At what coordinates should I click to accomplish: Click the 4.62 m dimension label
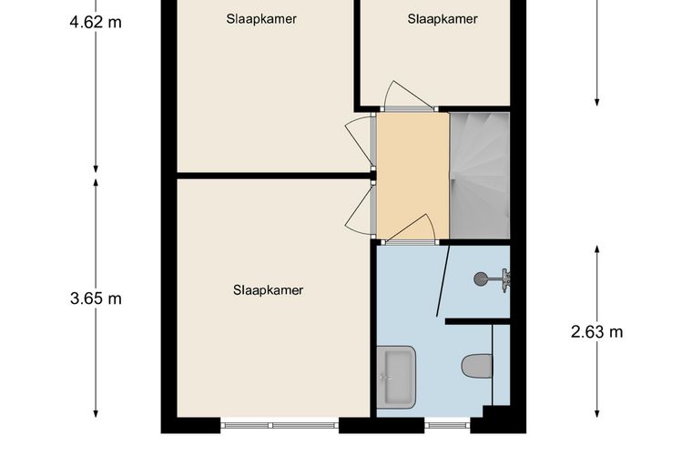96,22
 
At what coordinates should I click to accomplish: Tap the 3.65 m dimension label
96,298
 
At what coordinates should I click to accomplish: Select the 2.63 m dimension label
596,331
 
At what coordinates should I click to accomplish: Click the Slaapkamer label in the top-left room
261,19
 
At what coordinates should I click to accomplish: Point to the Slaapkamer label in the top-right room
443,19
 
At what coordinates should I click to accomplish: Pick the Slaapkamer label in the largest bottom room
268,290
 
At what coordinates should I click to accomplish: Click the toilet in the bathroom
477,366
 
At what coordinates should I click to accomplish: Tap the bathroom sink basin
396,377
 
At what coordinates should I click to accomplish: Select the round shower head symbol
480,278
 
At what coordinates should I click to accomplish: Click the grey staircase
480,176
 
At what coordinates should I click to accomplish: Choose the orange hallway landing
412,176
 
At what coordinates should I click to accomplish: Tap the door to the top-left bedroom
361,142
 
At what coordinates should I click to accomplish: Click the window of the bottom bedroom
280,426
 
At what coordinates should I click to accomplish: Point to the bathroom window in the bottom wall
447,426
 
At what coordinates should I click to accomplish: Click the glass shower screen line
443,281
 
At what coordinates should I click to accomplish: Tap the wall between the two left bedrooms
274,176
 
